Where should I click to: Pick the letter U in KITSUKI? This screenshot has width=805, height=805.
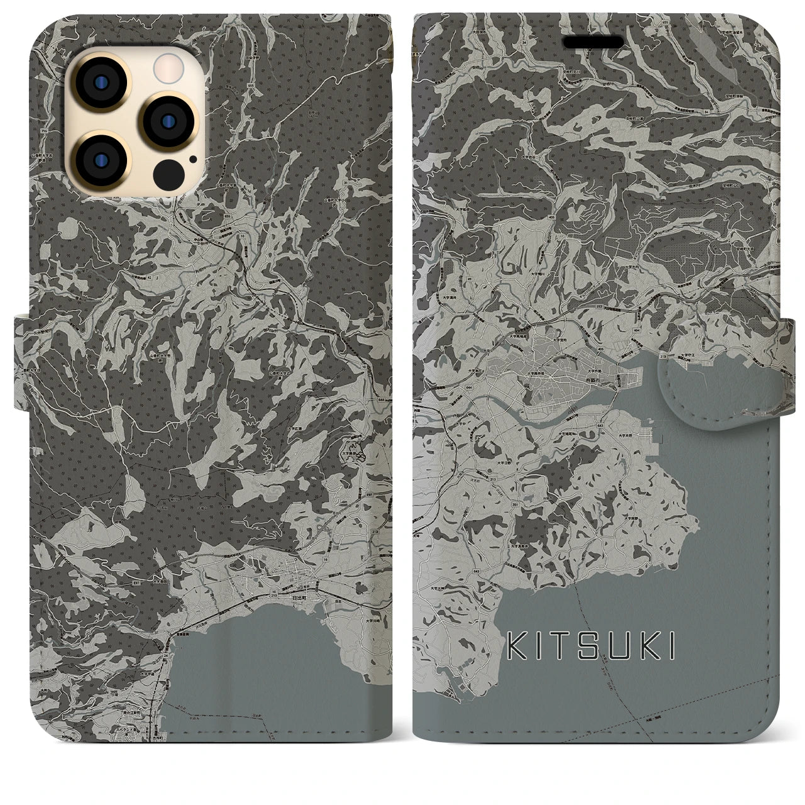pos(609,647)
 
